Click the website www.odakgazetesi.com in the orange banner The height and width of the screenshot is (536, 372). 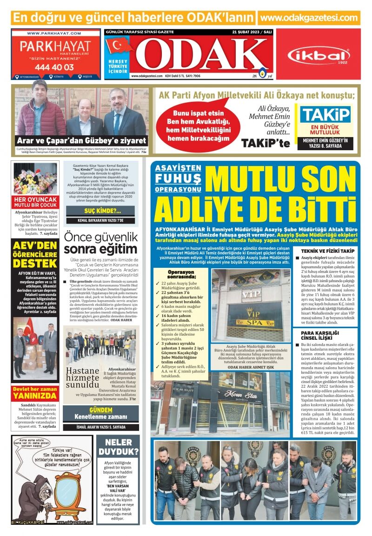[309, 18]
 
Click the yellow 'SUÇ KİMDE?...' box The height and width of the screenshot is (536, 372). [100, 211]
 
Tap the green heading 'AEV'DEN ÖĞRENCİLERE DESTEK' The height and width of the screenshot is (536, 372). [35, 255]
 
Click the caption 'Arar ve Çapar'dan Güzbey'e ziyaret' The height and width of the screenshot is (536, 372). [81, 140]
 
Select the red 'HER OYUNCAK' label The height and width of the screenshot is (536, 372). [35, 199]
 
